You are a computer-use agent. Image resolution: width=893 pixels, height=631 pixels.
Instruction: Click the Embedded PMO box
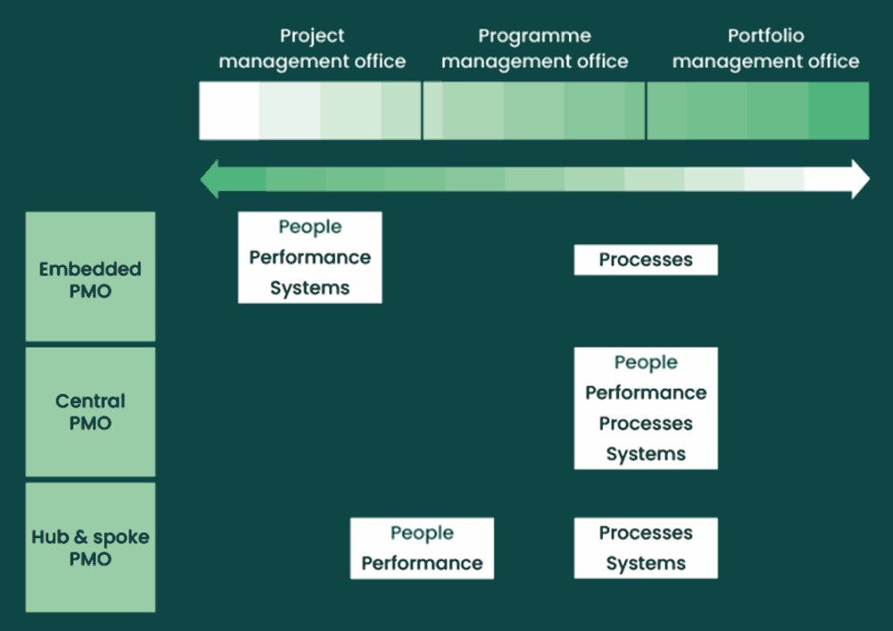(x=90, y=276)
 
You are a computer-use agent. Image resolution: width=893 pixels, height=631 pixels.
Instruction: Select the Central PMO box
(x=90, y=411)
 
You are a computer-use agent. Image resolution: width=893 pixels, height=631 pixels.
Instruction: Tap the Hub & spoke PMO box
(x=90, y=547)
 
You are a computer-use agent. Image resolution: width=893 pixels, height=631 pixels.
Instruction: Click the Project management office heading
(x=312, y=48)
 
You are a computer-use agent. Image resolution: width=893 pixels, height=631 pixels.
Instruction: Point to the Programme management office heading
(x=535, y=48)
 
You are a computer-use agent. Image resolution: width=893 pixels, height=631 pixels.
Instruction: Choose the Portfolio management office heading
(x=765, y=48)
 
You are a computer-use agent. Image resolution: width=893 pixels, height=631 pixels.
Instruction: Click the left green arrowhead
(x=210, y=179)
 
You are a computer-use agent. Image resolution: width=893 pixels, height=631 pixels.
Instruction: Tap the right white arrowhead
(x=861, y=179)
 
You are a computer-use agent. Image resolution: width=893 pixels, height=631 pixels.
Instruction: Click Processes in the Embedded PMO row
(x=646, y=260)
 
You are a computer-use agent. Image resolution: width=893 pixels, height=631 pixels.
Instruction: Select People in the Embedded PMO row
(x=310, y=227)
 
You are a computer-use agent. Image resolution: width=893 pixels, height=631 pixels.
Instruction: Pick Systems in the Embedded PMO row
(x=310, y=289)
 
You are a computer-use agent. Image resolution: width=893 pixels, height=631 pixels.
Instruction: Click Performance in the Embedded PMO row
(x=310, y=257)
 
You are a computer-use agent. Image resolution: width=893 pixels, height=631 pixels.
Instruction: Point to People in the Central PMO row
(x=646, y=363)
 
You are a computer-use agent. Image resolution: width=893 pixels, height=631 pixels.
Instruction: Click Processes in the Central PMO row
(x=646, y=424)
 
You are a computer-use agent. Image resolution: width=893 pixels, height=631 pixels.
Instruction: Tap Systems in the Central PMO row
(x=646, y=454)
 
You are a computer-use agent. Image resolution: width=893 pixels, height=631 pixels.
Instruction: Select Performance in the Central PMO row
(x=646, y=392)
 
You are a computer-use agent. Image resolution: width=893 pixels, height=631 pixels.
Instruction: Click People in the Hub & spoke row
(x=422, y=533)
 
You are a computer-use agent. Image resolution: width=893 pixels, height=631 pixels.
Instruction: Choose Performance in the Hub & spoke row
(x=422, y=563)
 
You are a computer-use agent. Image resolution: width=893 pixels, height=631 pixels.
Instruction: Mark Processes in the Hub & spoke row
(x=646, y=533)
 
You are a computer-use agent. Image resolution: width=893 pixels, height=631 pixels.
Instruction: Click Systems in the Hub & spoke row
(x=646, y=564)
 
